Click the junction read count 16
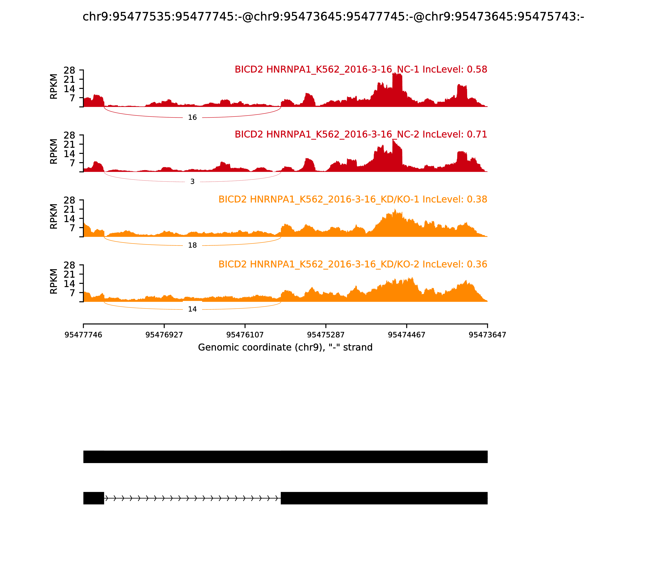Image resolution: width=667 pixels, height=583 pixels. pyautogui.click(x=192, y=117)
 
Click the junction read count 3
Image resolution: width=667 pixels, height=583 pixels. pyautogui.click(x=192, y=182)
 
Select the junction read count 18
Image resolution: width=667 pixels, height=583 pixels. pyautogui.click(x=192, y=245)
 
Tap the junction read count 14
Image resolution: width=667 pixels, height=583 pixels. pyautogui.click(x=192, y=309)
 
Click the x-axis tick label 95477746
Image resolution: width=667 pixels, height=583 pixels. pyautogui.click(x=83, y=335)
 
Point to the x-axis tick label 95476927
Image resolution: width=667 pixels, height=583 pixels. pyautogui.click(x=164, y=335)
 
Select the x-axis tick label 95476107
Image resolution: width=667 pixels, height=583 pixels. pyautogui.click(x=245, y=335)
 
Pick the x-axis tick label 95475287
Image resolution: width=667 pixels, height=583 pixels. pyautogui.click(x=326, y=335)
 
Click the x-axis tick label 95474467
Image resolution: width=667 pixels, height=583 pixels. pyautogui.click(x=406, y=335)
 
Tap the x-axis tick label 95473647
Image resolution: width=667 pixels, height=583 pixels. pyautogui.click(x=487, y=335)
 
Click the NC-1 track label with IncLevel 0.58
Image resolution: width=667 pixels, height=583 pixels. pyautogui.click(x=361, y=70)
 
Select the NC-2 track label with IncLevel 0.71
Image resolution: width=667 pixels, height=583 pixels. pyautogui.click(x=361, y=134)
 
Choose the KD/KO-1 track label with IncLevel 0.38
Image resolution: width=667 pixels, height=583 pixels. pyautogui.click(x=352, y=199)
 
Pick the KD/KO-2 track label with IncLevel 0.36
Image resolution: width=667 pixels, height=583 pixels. pyautogui.click(x=352, y=264)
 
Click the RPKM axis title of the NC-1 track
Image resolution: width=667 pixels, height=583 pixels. pyautogui.click(x=54, y=87)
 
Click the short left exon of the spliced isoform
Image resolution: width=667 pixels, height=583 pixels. pyautogui.click(x=94, y=498)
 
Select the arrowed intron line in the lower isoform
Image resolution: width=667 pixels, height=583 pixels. pyautogui.click(x=192, y=498)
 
